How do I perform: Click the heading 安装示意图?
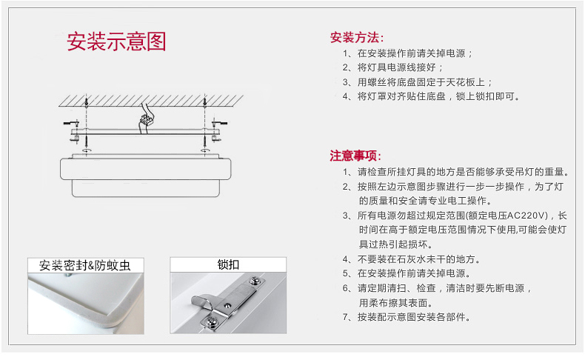pyautogui.click(x=117, y=41)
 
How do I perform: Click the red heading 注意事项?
pyautogui.click(x=356, y=156)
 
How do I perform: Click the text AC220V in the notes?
pyautogui.click(x=526, y=215)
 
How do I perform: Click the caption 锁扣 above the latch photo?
pyautogui.click(x=227, y=264)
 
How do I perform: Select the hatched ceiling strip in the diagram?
pyautogui.click(x=149, y=97)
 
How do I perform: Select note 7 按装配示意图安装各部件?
pyautogui.click(x=414, y=317)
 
